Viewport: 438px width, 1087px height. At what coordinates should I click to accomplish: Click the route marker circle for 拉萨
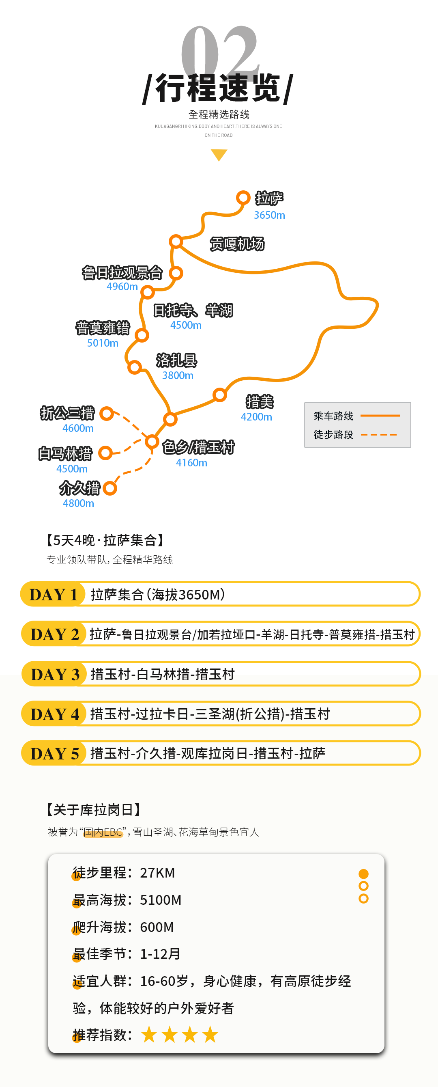[243, 198]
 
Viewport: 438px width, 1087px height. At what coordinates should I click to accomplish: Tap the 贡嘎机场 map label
[237, 244]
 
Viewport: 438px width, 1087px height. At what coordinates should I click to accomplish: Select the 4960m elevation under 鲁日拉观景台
[122, 287]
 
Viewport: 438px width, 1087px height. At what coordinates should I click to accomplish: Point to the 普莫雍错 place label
[103, 328]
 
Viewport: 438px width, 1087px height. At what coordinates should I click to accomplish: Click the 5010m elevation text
[103, 343]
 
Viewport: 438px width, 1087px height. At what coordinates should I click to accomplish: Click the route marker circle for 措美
[219, 395]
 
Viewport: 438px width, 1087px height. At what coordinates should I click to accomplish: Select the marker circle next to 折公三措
[107, 414]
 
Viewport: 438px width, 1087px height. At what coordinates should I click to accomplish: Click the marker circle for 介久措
[109, 488]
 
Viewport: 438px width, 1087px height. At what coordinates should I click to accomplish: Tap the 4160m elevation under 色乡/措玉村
[191, 463]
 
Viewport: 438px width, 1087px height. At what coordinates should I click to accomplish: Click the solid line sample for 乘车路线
[380, 416]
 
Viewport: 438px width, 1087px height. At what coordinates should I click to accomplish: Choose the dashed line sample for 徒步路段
[378, 435]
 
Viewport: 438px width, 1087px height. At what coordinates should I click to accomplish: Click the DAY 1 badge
[53, 594]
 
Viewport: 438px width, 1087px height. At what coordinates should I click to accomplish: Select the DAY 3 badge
[55, 674]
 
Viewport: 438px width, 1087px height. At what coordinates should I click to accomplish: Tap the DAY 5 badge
[55, 753]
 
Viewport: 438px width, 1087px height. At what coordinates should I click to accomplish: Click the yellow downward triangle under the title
[219, 154]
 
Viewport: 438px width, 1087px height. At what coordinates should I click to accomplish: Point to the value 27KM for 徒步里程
[157, 873]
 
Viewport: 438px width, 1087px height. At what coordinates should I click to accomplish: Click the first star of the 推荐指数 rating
[149, 1035]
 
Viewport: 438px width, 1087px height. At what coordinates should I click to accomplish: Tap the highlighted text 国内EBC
[103, 832]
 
